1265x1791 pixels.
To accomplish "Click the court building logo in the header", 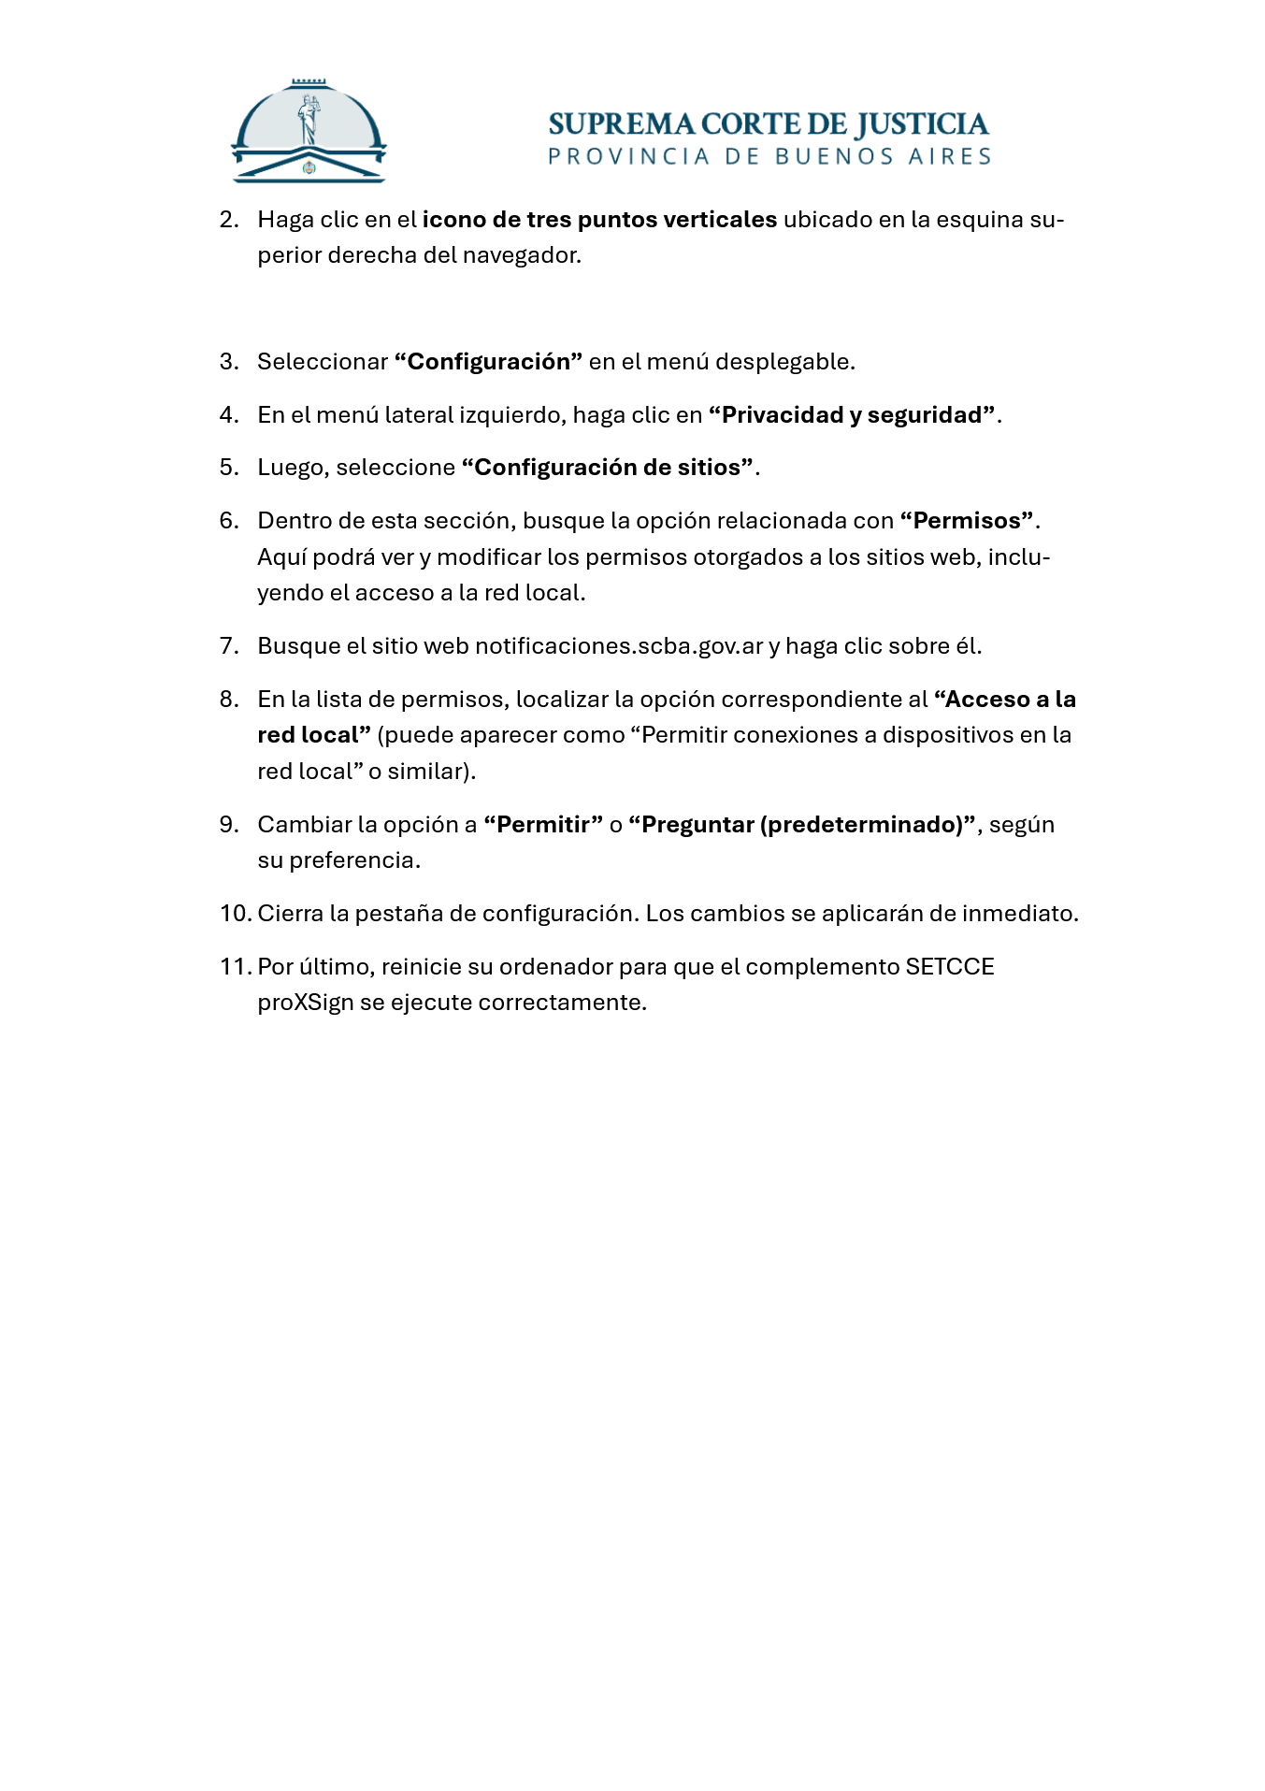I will [309, 132].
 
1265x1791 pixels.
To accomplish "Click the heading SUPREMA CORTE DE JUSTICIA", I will [768, 124].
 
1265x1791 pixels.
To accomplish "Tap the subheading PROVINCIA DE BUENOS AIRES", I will [769, 157].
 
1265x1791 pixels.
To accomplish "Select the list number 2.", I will [229, 220].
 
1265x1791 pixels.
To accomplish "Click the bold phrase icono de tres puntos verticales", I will [599, 220].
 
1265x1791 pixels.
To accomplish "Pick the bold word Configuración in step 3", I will [488, 362].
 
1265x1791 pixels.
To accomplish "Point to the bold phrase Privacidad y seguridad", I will [851, 415].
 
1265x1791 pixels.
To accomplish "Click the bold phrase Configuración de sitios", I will [608, 468].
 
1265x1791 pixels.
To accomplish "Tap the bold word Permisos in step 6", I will [967, 521].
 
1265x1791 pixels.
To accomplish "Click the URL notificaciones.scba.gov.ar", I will [619, 646].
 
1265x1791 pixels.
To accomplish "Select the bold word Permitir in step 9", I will [542, 825].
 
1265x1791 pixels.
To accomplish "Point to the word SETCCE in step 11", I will [949, 967].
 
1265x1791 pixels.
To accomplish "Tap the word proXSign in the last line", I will [306, 1003].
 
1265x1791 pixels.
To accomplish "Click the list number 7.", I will [229, 646].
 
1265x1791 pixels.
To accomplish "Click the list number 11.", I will [234, 967].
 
